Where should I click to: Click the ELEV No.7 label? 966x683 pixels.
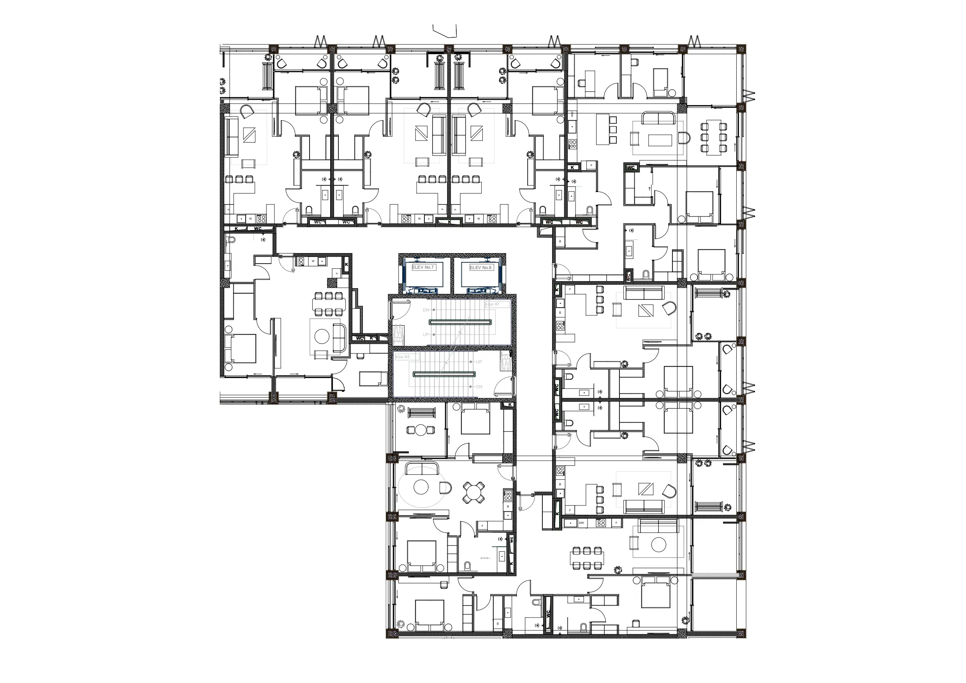click(423, 267)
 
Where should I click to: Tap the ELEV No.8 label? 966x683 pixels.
click(480, 268)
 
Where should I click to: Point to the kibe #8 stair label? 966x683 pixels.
click(403, 357)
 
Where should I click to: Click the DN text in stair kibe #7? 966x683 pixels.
click(426, 310)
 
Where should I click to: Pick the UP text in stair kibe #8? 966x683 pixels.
click(479, 362)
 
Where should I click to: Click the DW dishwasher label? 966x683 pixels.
click(581, 523)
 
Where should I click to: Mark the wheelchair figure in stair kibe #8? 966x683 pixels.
click(505, 362)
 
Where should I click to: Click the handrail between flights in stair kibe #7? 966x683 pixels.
click(460, 322)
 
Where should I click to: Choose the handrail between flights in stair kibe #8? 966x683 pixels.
click(444, 374)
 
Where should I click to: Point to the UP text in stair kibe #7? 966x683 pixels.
click(426, 334)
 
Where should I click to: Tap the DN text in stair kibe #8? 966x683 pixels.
click(479, 387)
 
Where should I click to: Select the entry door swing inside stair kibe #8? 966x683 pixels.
click(503, 386)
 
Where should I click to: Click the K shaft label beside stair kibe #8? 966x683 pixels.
click(510, 405)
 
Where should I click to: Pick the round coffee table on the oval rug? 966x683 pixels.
click(421, 487)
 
